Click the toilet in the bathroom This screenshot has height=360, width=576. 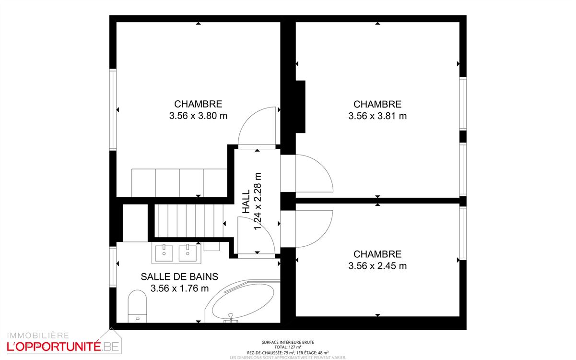(x=137, y=306)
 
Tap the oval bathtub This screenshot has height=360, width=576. (x=243, y=301)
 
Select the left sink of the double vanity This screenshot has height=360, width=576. (x=164, y=253)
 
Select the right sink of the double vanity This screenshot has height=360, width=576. (x=188, y=253)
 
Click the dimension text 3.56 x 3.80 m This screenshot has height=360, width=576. (x=198, y=116)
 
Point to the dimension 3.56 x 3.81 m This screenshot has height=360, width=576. (x=377, y=116)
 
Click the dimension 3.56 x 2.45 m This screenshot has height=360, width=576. (x=377, y=266)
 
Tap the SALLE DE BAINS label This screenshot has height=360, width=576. (x=179, y=276)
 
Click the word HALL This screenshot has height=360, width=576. (x=247, y=202)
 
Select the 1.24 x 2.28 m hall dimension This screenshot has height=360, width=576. (x=258, y=202)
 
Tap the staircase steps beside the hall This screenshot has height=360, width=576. (x=190, y=220)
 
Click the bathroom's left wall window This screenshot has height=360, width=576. (x=113, y=267)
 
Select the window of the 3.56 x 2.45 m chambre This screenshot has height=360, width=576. (x=463, y=233)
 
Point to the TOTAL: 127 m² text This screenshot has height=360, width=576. (x=288, y=347)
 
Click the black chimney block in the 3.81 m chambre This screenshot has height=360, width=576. (x=300, y=107)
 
